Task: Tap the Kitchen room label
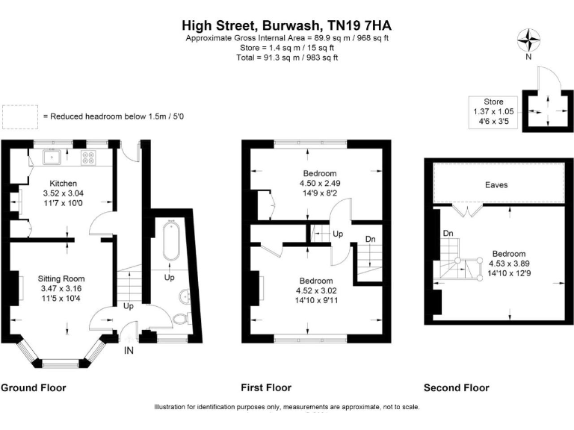(63, 183)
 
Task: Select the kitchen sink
(52, 158)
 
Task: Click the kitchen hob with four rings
(89, 158)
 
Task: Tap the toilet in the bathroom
(180, 319)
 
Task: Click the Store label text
(493, 102)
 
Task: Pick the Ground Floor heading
(33, 387)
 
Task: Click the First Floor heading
(266, 387)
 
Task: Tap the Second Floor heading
(456, 387)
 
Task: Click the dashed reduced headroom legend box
(19, 116)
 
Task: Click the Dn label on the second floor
(448, 234)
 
